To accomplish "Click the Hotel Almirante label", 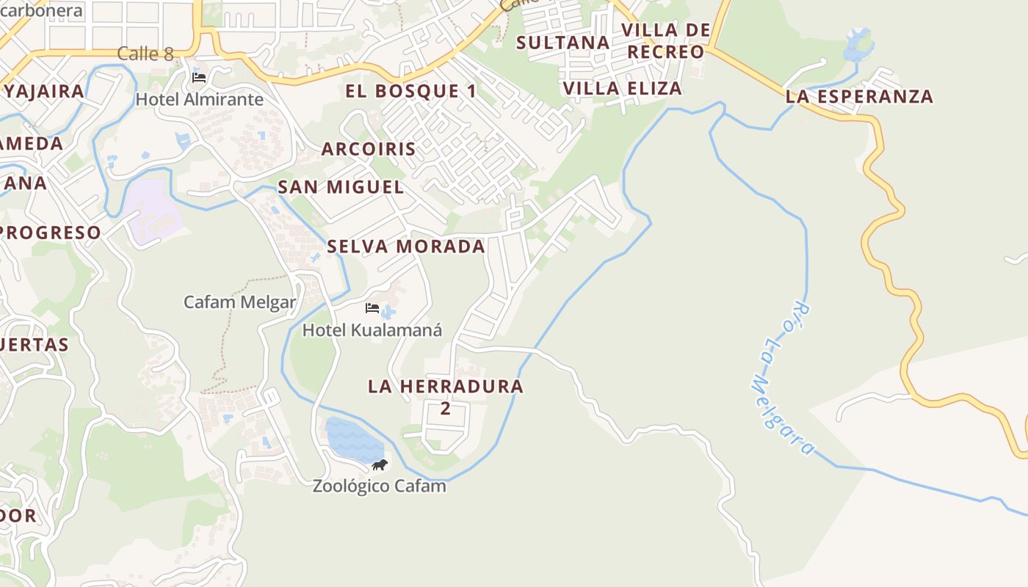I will (200, 99).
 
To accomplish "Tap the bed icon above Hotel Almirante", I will (198, 77).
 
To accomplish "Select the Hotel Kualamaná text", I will (372, 330).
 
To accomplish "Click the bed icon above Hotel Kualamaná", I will (372, 308).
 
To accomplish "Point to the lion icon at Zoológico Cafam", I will (379, 464).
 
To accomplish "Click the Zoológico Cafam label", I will (379, 486).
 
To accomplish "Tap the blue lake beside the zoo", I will (352, 440).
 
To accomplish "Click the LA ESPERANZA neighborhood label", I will (859, 96).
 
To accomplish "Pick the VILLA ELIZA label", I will (622, 89).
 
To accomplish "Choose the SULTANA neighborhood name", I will (563, 43).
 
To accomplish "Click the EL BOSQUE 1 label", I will (411, 91).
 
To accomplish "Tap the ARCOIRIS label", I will (369, 149).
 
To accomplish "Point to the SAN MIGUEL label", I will (341, 187).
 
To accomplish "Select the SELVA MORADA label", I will (406, 247).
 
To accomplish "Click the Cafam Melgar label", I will (239, 302).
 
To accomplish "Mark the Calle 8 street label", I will (145, 54).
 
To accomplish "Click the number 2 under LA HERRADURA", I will (445, 409).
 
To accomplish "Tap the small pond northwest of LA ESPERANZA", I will (857, 45).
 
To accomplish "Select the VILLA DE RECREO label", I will (666, 41).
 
